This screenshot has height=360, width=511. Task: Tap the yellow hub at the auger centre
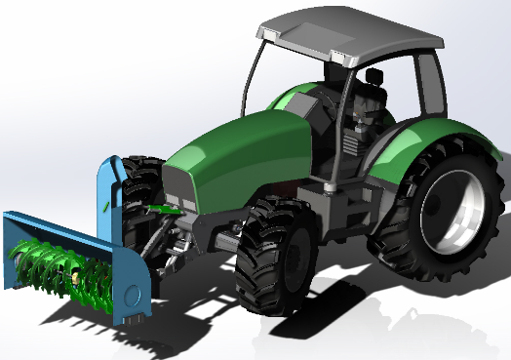[75, 276]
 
